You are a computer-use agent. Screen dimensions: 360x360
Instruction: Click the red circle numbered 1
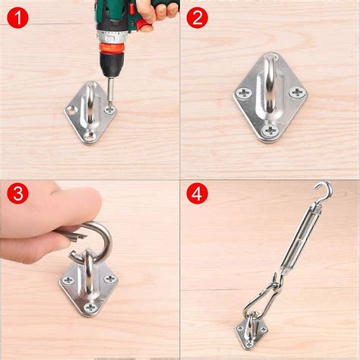click(x=17, y=17)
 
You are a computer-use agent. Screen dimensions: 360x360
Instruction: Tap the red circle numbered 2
click(x=197, y=17)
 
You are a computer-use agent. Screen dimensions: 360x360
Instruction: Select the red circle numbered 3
click(x=17, y=194)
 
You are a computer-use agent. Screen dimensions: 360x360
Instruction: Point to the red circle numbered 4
click(x=197, y=194)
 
